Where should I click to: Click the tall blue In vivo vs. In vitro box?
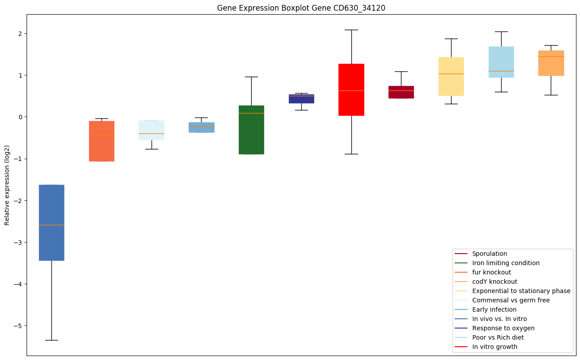[51, 223]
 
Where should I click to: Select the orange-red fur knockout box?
[101, 141]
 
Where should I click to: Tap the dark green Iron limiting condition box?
[251, 130]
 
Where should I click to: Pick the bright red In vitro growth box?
[351, 90]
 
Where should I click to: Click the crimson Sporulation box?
[401, 92]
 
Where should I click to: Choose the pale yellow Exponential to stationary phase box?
[451, 76]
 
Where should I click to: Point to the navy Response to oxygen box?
[301, 99]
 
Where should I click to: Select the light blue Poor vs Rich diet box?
[501, 62]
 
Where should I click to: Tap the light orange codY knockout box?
[551, 63]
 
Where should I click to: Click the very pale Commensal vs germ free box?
[152, 130]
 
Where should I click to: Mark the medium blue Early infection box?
[202, 127]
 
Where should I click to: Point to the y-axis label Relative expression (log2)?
[7, 185]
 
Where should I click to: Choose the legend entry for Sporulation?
[490, 254]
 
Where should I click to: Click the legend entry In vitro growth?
[494, 347]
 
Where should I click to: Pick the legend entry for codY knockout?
[494, 282]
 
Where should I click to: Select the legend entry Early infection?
[494, 309]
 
